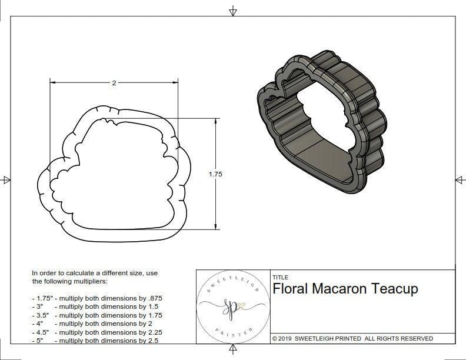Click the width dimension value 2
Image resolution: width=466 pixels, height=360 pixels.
[x=114, y=83]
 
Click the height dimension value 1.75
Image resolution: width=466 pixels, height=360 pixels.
[x=215, y=174]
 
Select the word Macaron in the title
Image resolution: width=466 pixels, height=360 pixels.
[x=339, y=289]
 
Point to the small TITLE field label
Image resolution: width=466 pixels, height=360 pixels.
[x=280, y=276]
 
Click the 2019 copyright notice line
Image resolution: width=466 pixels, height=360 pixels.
[x=352, y=338]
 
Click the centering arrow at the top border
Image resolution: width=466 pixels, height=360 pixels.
[x=233, y=11]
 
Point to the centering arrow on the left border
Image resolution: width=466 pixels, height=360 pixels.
[x=6, y=179]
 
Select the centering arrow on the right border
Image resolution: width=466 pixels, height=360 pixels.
[x=460, y=179]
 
